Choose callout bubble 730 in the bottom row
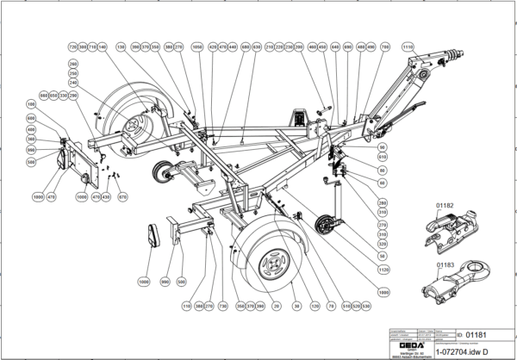[x=222, y=305]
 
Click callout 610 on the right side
[x=383, y=158]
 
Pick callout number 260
[x=73, y=65]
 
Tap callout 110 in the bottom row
[x=186, y=305]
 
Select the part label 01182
[x=445, y=207]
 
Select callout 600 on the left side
[x=32, y=118]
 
